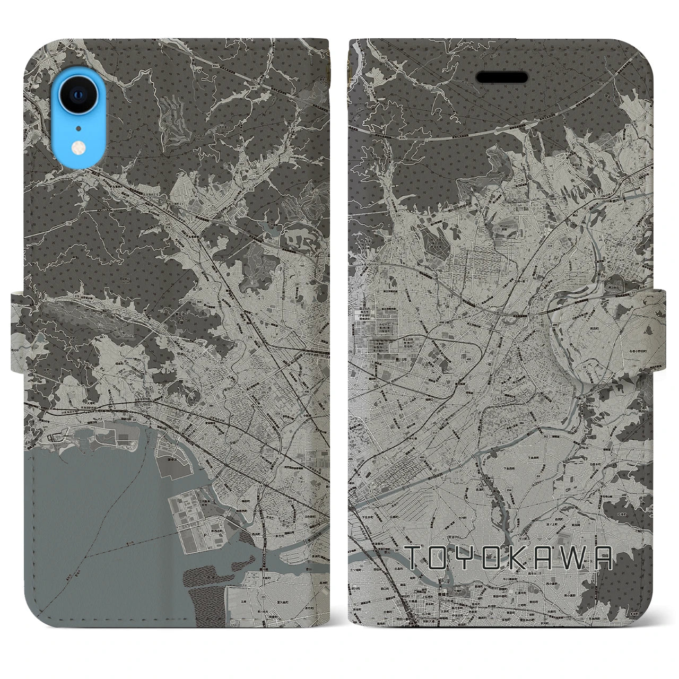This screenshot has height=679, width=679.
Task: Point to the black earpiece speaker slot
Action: [x=501, y=77]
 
